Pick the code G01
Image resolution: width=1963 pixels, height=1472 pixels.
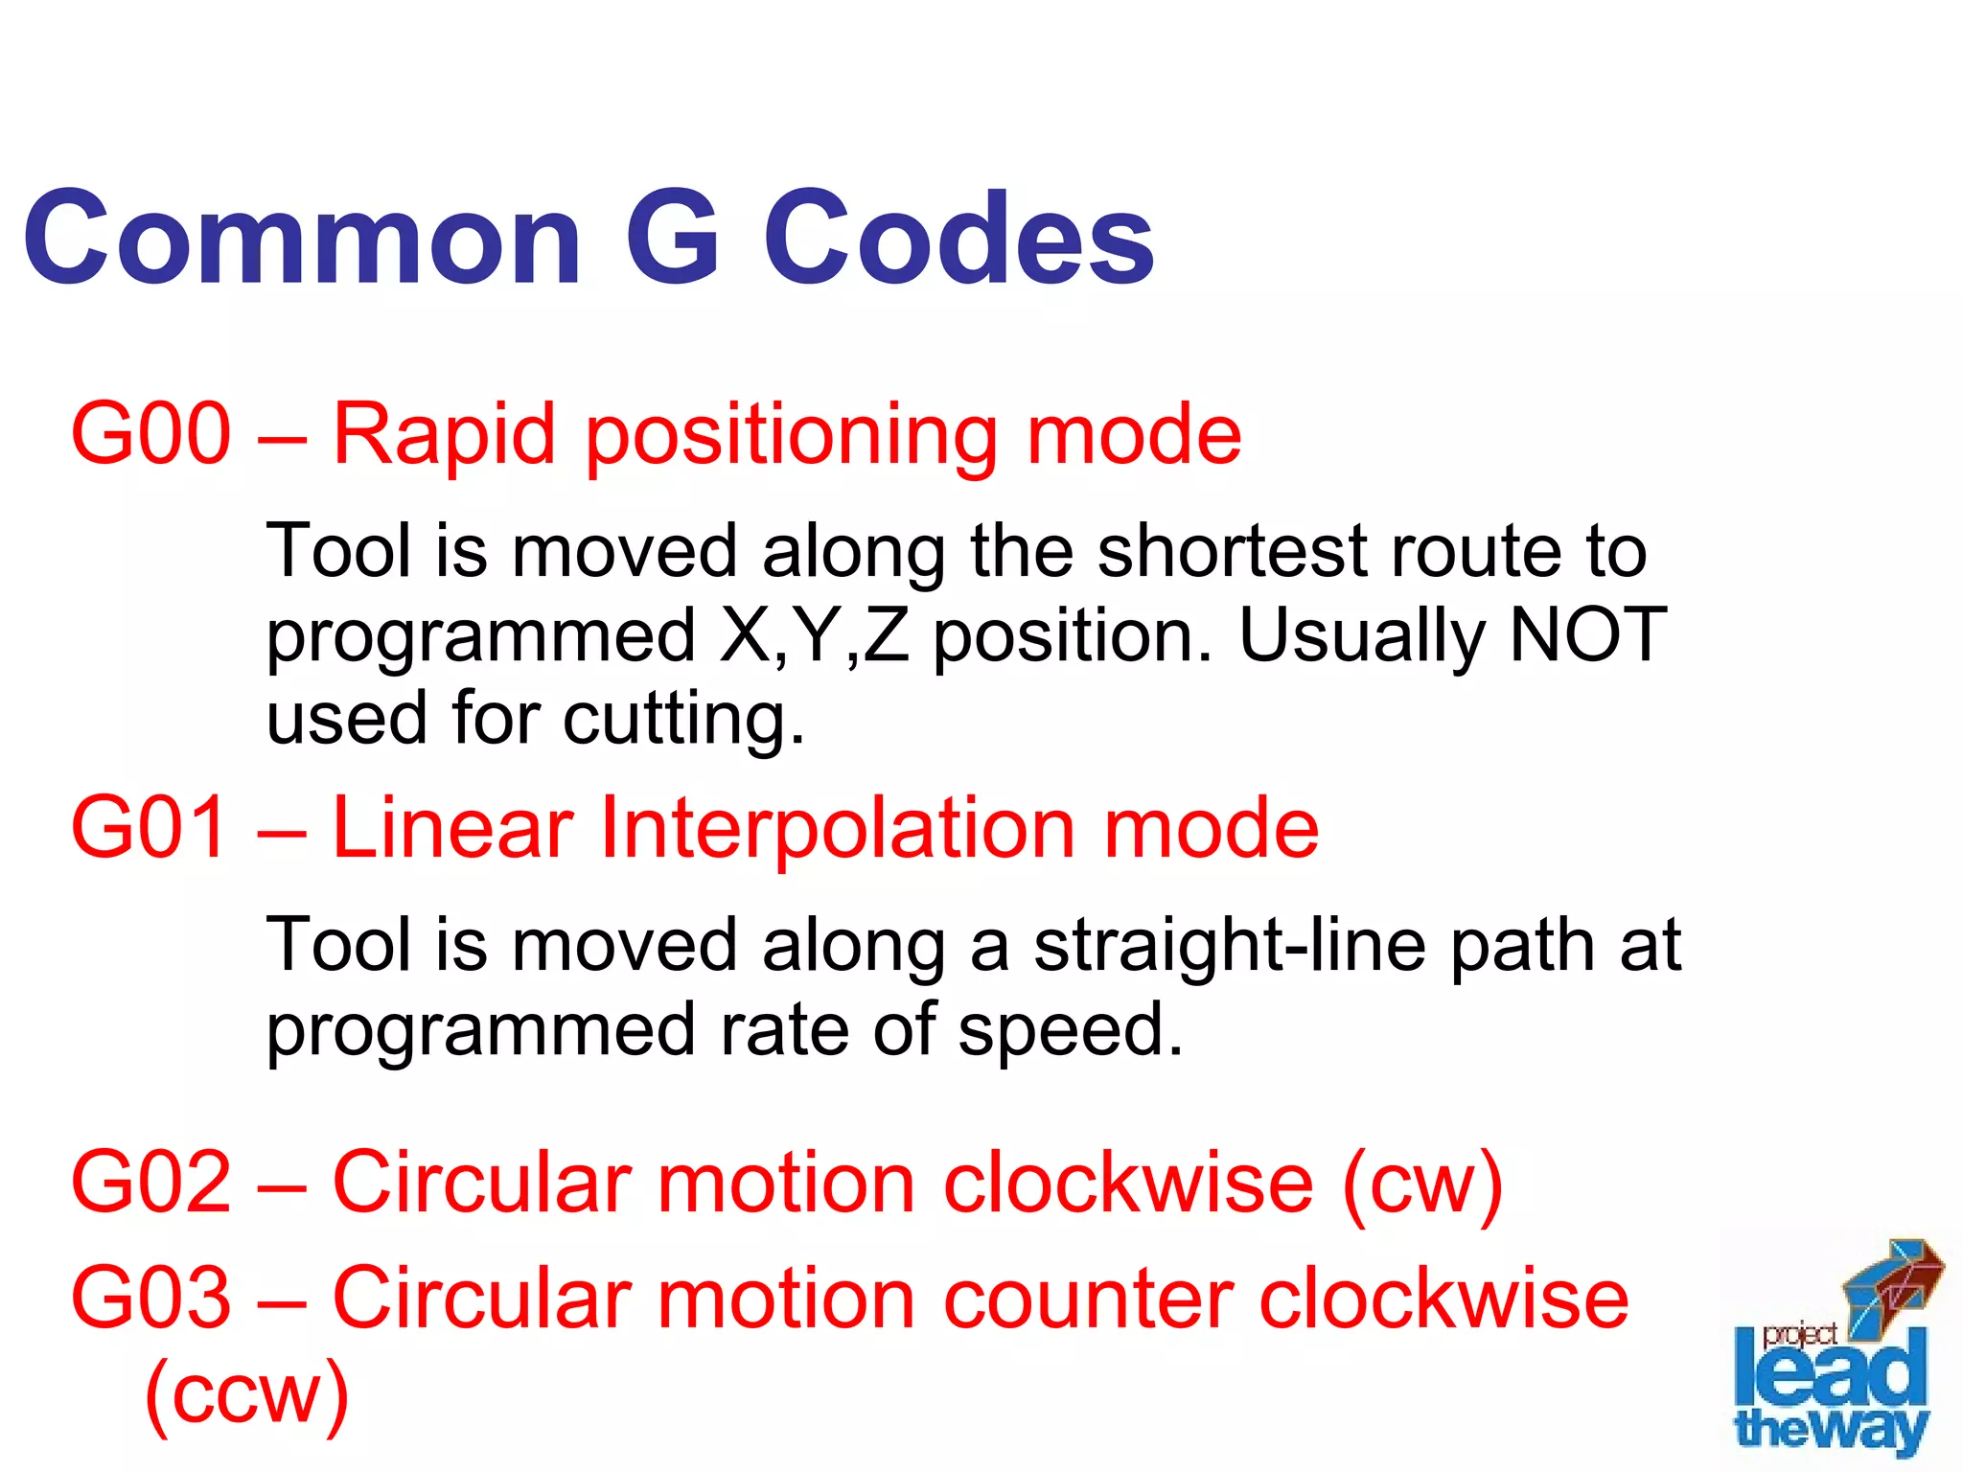150,828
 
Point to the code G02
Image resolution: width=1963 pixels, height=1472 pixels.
151,1183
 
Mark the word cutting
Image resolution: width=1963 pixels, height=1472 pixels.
683,720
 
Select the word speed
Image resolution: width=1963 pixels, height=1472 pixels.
1071,1031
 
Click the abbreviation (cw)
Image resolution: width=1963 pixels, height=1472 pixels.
1422,1184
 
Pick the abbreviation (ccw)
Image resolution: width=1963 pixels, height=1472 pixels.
246,1394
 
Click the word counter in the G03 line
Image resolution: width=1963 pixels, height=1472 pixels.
1088,1299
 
